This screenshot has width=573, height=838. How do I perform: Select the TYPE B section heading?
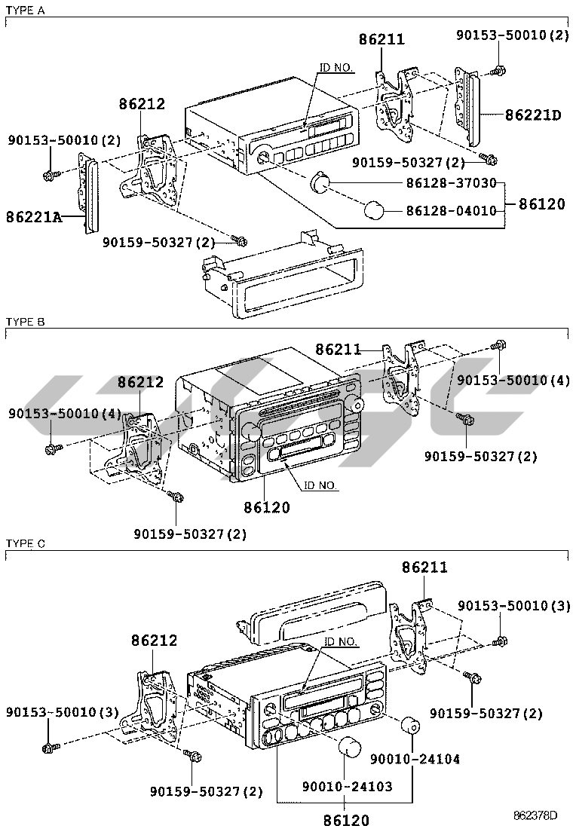point(25,322)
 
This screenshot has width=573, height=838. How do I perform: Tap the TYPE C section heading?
point(25,543)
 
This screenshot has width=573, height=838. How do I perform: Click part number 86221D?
point(533,115)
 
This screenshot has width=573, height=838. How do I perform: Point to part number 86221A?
point(35,217)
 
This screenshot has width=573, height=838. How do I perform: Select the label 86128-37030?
point(451,183)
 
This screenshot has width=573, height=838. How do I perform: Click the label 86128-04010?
point(451,210)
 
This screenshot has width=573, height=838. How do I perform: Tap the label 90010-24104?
point(414,759)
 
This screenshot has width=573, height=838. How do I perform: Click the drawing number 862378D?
point(535,815)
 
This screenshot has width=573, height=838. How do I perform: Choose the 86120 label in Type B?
point(266,508)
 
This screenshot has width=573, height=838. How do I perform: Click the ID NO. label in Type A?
point(336,67)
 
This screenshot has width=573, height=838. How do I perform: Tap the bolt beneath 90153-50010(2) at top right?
point(498,72)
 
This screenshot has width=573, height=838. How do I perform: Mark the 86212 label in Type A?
point(141,105)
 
